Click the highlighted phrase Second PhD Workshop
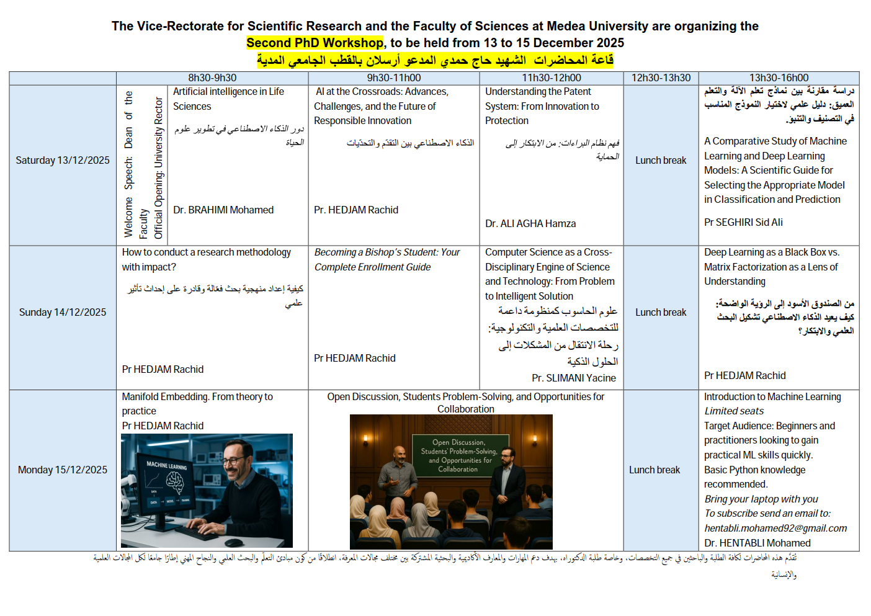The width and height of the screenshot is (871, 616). pos(315,43)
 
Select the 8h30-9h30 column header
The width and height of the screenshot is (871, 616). pos(212,78)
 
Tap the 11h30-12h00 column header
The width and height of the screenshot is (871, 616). pos(551,78)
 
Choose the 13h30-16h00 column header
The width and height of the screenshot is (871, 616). pos(779,78)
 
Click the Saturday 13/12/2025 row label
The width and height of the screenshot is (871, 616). pos(63,160)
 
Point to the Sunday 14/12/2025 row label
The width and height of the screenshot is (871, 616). pos(63,312)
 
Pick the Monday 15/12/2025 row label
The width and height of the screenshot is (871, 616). pos(63,470)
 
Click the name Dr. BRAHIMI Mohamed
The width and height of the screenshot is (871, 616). pos(223,210)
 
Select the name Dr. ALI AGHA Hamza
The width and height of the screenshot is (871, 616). pos(530,223)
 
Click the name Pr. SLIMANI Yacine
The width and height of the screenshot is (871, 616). pos(574,378)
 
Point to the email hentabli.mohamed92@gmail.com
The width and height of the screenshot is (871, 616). pos(775,528)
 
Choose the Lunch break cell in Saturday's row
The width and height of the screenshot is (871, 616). pos(661,160)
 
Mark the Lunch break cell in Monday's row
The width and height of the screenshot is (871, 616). pos(654,470)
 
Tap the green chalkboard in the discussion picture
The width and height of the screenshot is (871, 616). pos(458,455)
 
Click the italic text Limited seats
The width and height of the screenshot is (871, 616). pos(734,411)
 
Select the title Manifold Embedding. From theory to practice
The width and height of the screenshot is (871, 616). pos(197,403)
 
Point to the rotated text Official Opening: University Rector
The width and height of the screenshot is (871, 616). pos(158,167)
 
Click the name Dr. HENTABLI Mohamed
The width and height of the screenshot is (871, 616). pos(757,543)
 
